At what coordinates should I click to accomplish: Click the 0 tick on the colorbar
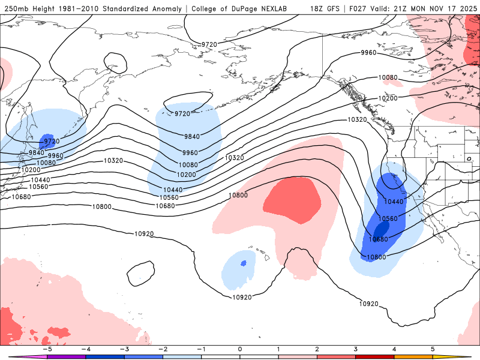[x=240, y=349]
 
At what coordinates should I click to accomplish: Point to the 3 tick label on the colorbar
[x=356, y=349]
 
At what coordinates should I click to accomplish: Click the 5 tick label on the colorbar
[x=433, y=349]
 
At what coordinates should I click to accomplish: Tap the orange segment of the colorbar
[x=414, y=356]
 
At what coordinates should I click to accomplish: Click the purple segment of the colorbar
[x=66, y=356]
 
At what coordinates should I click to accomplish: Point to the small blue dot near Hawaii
[x=243, y=263]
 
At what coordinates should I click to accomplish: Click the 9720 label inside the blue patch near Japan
[x=52, y=142]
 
